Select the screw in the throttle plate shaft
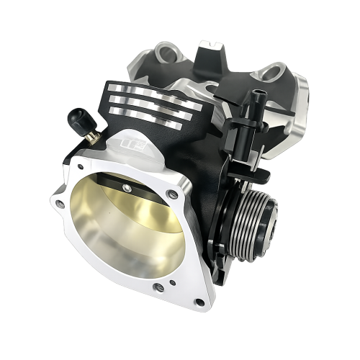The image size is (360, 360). (x=127, y=189)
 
